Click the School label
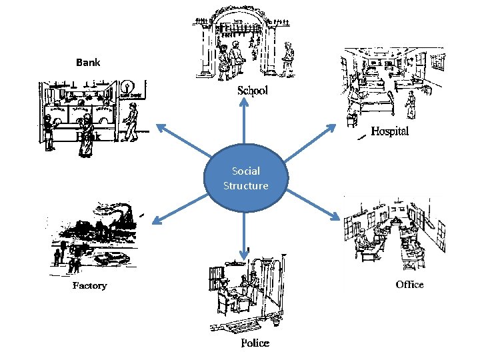tap(253, 91)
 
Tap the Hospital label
tap(389, 131)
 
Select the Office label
tap(409, 285)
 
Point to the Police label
tap(255, 343)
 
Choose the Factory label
tap(89, 285)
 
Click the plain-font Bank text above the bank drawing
tap(88, 63)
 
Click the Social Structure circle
tap(246, 179)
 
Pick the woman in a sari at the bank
tap(85, 133)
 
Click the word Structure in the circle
tap(246, 186)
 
